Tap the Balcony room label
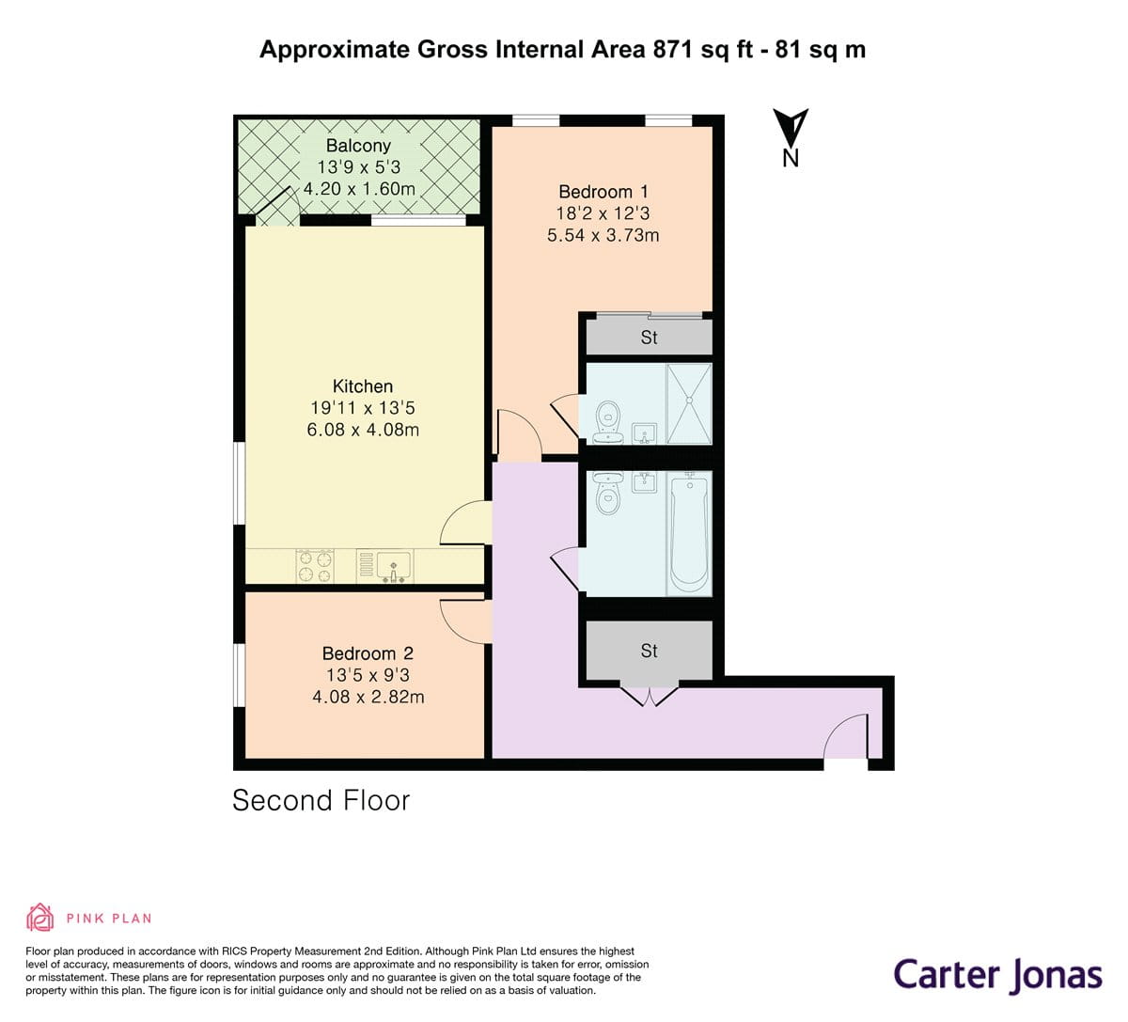358,146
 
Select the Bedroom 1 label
603,192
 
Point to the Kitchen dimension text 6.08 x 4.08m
363,430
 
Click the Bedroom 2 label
368,653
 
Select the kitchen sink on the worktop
394,567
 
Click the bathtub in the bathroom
689,532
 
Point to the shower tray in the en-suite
689,402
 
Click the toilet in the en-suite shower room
608,416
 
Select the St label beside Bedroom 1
649,338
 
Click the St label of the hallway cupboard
649,651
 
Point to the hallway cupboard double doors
649,695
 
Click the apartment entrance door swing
845,736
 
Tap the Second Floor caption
321,800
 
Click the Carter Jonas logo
996,974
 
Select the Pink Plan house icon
39,917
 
